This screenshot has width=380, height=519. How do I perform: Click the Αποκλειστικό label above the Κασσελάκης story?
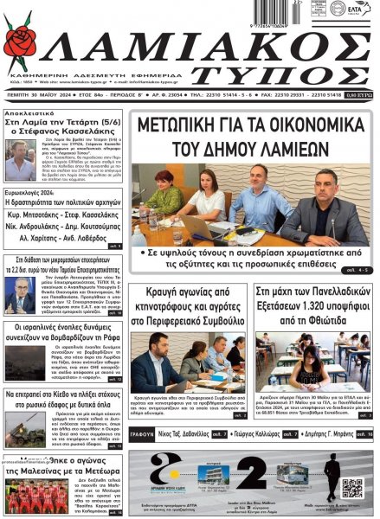coord(31,113)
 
